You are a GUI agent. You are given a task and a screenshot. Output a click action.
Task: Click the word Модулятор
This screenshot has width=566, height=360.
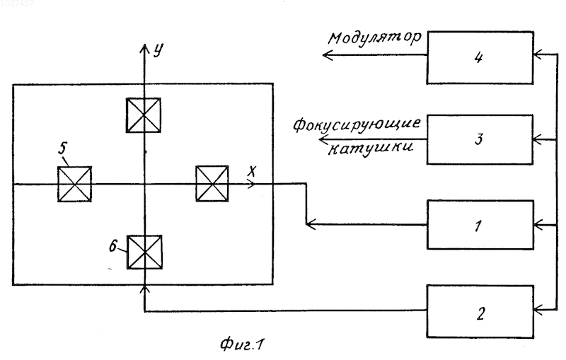pyautogui.click(x=375, y=38)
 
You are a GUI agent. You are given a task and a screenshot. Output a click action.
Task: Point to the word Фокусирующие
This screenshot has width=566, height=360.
pyautogui.click(x=357, y=124)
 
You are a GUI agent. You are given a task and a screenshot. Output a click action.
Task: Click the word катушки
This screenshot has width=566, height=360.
pyautogui.click(x=370, y=148)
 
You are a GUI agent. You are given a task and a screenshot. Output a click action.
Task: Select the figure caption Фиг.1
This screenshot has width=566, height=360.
pyautogui.click(x=242, y=344)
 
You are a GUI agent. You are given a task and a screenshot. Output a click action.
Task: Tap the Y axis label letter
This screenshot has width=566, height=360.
pyautogui.click(x=158, y=50)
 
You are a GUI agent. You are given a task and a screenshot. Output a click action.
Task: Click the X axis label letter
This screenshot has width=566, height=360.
pyautogui.click(x=252, y=171)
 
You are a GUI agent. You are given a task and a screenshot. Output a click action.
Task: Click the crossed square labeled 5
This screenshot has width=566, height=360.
pyautogui.click(x=75, y=184)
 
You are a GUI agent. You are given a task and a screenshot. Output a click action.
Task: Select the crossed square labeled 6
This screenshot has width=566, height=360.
pyautogui.click(x=144, y=252)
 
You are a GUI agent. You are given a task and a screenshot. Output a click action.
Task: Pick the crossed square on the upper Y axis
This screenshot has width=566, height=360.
pyautogui.click(x=144, y=115)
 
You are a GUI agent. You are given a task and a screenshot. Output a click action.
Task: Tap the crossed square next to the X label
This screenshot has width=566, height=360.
pyautogui.click(x=212, y=184)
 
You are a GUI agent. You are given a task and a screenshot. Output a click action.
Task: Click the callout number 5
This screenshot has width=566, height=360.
pyautogui.click(x=63, y=149)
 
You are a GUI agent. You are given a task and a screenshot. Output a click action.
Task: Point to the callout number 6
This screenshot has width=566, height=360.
pyautogui.click(x=113, y=246)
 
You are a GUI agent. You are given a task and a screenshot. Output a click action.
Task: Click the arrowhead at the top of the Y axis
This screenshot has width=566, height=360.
pyautogui.click(x=144, y=47)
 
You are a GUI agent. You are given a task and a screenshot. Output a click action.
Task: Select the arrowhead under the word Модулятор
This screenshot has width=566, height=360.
pyautogui.click(x=327, y=55)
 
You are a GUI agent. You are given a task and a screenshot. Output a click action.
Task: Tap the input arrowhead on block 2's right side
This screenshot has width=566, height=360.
pyautogui.click(x=538, y=309)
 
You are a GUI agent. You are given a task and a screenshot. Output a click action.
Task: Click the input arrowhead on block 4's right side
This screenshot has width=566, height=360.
pyautogui.click(x=538, y=55)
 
